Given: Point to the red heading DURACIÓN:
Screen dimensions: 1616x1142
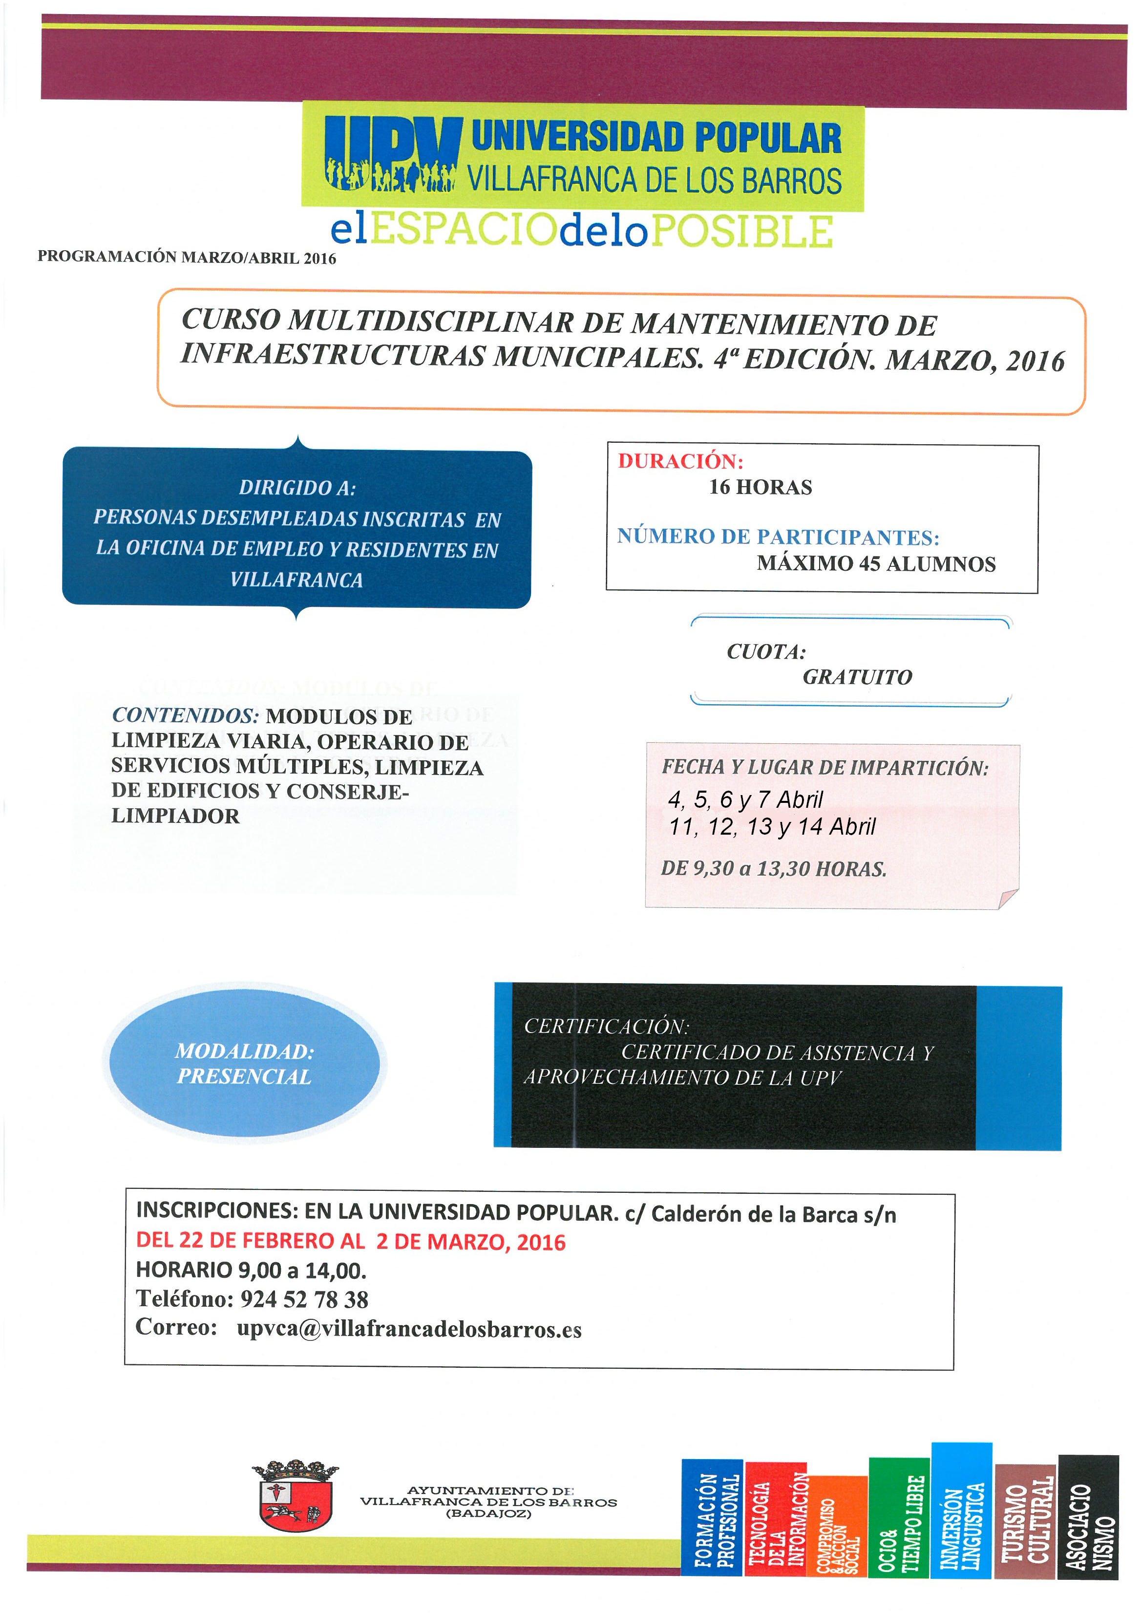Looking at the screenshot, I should click(680, 462).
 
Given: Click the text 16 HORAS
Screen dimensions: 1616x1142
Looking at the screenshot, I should click(760, 487).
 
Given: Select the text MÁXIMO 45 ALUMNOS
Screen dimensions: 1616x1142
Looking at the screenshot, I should click(876, 564).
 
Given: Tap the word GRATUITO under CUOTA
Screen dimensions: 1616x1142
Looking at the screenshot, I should click(857, 677).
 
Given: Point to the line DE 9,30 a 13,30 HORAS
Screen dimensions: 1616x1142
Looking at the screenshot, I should click(773, 868).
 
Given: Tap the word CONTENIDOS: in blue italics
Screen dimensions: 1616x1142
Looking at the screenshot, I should click(186, 716).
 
